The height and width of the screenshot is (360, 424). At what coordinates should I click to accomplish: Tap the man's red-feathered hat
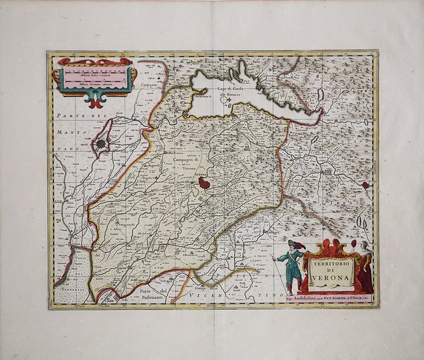click(292, 244)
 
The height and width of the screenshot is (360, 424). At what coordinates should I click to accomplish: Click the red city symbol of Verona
click(204, 183)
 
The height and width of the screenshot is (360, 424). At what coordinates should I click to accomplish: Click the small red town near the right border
click(365, 185)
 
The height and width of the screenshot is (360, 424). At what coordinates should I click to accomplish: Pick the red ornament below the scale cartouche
click(93, 100)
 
